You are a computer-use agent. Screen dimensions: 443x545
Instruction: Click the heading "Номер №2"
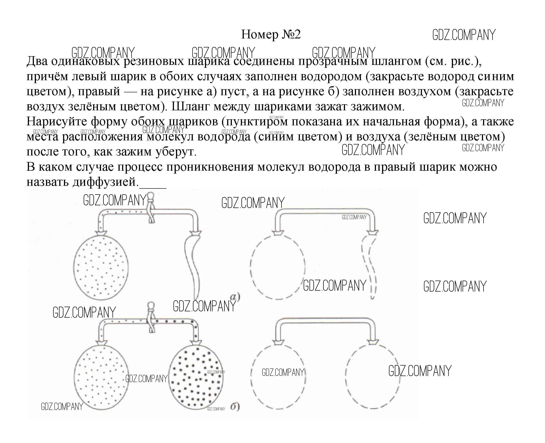(271, 34)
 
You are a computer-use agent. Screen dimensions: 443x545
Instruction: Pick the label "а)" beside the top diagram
(235, 297)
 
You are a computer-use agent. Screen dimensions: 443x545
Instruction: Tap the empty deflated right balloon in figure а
(193, 265)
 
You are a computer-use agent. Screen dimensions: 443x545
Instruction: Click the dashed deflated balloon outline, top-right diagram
(369, 265)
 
